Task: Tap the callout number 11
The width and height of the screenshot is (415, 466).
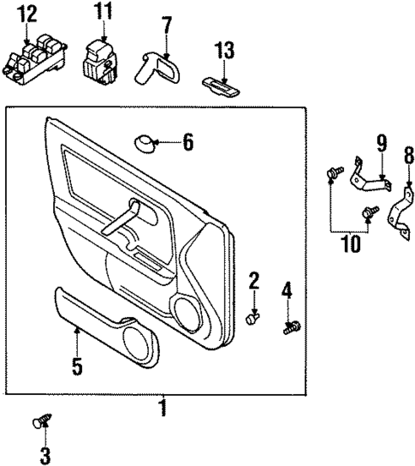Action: [104, 12]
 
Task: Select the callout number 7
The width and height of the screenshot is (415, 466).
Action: [166, 23]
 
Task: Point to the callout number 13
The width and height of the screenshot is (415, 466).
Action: [224, 51]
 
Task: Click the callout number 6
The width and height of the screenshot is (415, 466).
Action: [187, 141]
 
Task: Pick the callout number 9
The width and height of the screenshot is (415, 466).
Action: [382, 142]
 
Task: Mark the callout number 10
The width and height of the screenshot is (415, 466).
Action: [351, 243]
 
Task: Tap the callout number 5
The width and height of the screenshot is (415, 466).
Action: [77, 367]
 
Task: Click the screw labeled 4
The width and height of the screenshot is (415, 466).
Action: [290, 326]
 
